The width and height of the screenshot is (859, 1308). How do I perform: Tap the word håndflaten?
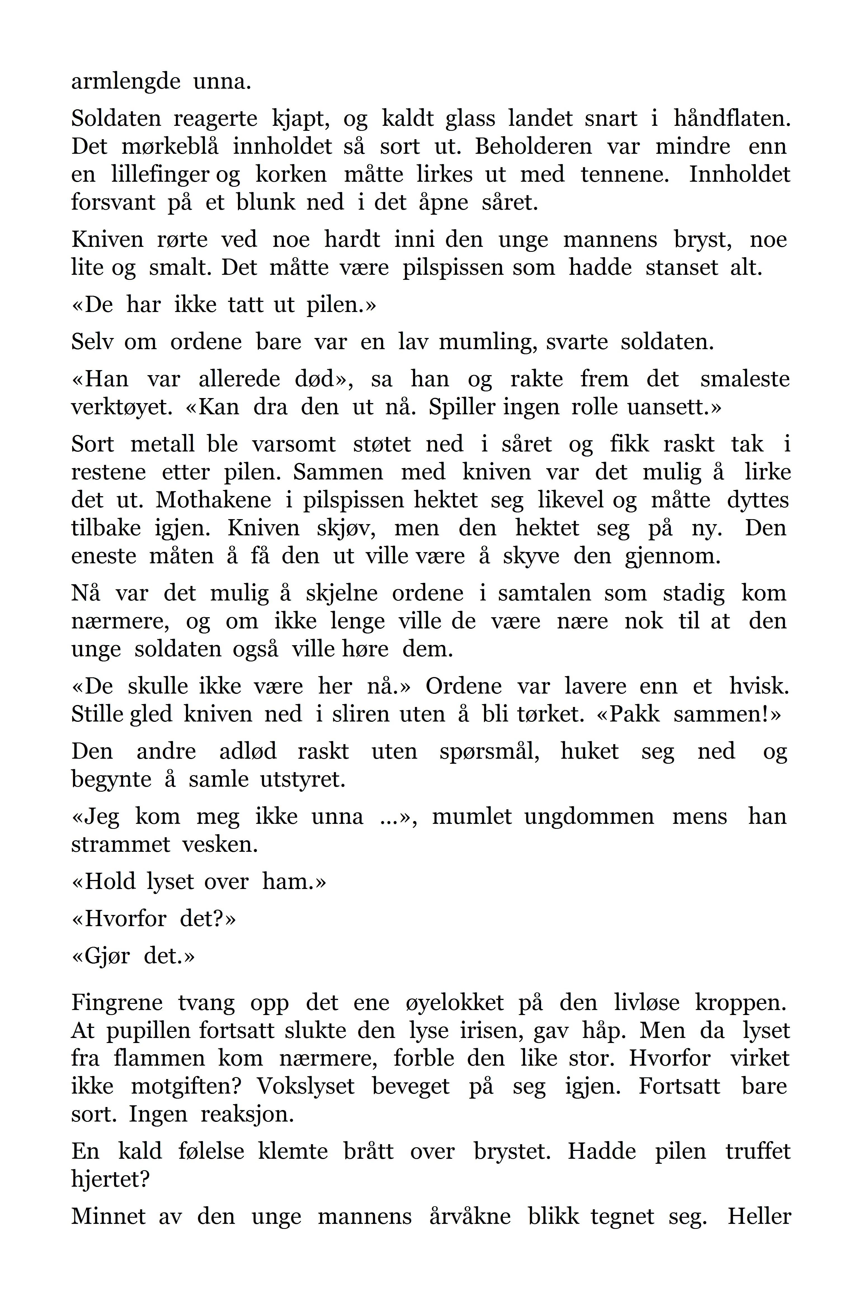point(731,119)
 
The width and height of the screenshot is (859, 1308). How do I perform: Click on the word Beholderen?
point(533,147)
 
